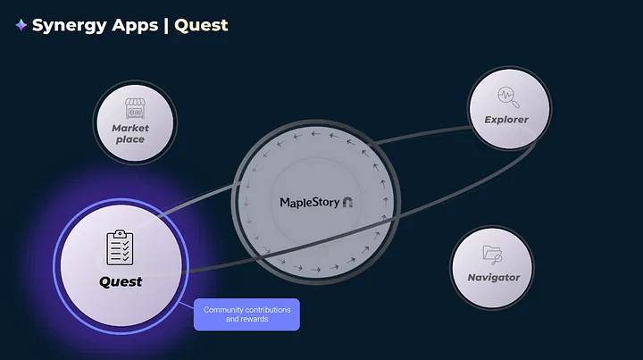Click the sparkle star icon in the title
pos(21,26)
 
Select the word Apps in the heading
pos(134,26)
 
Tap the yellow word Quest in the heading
pos(201,25)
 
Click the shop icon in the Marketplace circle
pos(134,109)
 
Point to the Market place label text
pos(130,134)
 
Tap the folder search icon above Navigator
pos(492,254)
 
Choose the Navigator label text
pos(494,278)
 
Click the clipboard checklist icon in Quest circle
pos(120,247)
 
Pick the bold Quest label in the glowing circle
pos(121,282)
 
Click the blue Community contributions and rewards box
pos(246,314)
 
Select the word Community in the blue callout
pos(223,310)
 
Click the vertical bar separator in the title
pos(165,26)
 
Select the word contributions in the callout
pos(267,310)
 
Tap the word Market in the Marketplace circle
pos(130,129)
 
